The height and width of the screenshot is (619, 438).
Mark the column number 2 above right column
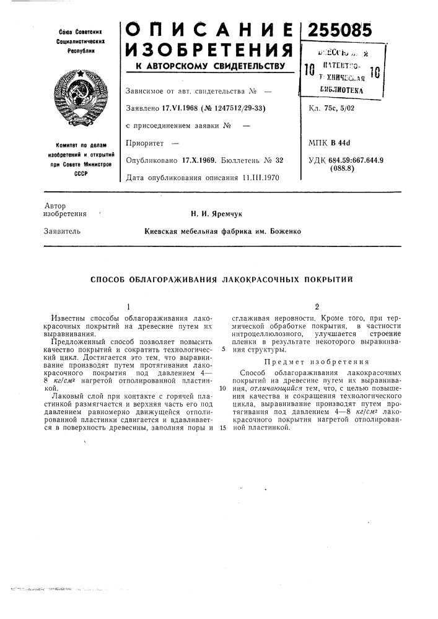pos(317,306)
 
